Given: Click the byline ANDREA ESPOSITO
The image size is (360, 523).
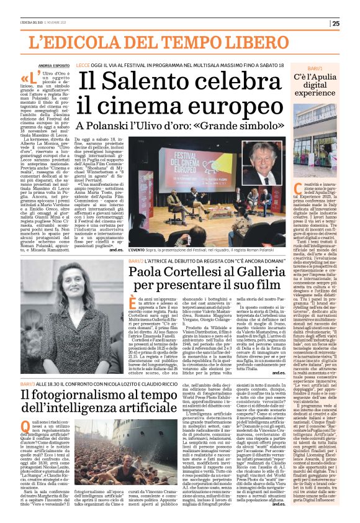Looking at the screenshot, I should (53, 65).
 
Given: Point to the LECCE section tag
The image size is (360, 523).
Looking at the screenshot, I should (84, 64).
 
